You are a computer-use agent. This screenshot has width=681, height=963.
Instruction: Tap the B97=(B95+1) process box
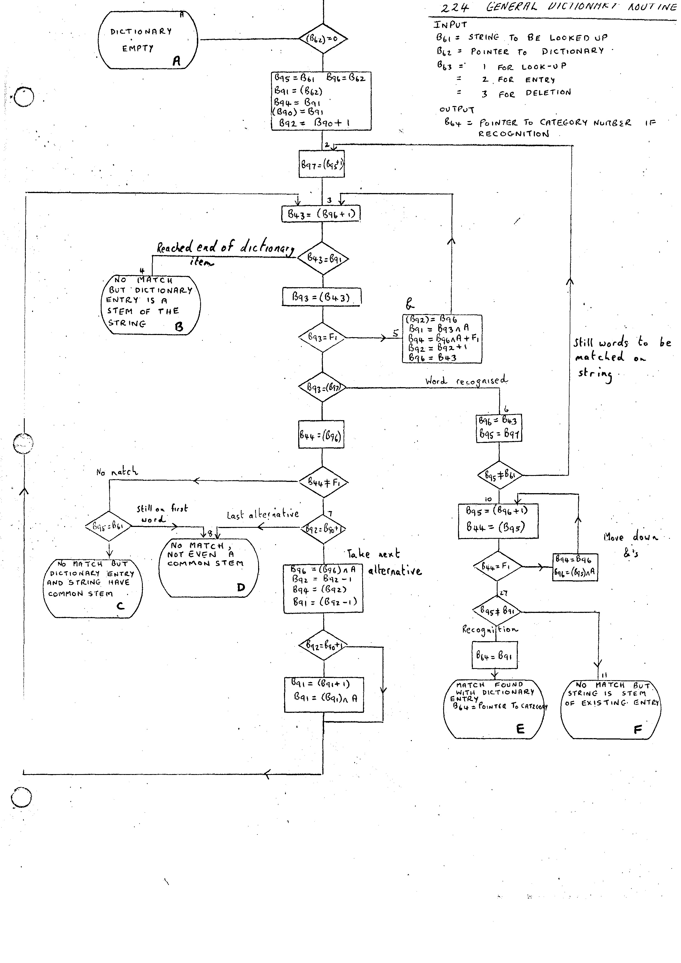click(322, 164)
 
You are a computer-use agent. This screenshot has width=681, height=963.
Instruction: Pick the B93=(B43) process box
click(321, 297)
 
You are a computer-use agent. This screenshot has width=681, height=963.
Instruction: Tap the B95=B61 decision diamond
click(108, 526)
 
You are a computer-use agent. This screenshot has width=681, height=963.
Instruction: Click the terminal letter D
click(241, 587)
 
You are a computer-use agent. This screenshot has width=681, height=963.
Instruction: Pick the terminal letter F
click(637, 729)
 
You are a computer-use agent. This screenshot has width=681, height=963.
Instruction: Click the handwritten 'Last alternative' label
click(263, 515)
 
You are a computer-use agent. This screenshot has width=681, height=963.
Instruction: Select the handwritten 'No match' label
click(117, 472)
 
